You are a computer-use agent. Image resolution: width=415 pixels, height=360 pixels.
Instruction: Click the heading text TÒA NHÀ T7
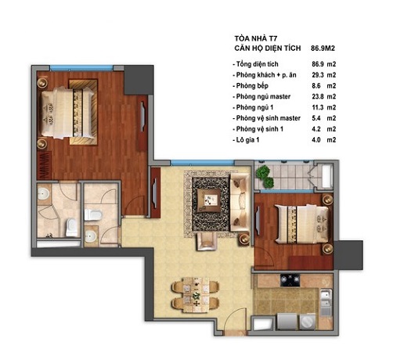[256, 38]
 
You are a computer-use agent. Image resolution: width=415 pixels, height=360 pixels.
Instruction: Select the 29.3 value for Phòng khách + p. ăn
[318, 75]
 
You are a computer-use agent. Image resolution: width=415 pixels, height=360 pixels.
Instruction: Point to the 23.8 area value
[318, 96]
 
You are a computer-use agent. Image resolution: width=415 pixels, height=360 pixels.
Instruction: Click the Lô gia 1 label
[247, 140]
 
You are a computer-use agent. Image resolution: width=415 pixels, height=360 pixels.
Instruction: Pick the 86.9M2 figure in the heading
[323, 49]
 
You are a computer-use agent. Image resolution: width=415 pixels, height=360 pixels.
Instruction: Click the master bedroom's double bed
[68, 113]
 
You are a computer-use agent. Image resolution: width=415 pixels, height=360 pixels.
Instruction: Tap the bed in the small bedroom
[302, 224]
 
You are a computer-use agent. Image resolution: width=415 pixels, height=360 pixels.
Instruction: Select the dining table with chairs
[195, 295]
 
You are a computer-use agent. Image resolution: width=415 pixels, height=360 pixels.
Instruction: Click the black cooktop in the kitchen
[290, 280]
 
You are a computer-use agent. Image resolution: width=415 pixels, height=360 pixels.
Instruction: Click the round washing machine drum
[308, 322]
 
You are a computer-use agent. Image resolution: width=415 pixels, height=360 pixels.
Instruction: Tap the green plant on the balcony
[265, 176]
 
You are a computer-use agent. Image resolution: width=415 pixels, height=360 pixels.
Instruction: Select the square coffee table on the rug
[210, 200]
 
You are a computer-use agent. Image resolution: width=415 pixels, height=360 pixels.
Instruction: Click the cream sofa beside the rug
[240, 203]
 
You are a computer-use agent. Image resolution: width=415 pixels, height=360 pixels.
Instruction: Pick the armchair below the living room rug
[207, 241]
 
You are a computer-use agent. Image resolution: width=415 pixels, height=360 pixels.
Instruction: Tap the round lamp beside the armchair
[244, 239]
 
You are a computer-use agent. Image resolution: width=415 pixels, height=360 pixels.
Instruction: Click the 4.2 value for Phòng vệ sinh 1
[316, 129]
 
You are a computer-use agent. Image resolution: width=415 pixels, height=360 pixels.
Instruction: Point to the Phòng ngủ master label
[263, 97]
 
